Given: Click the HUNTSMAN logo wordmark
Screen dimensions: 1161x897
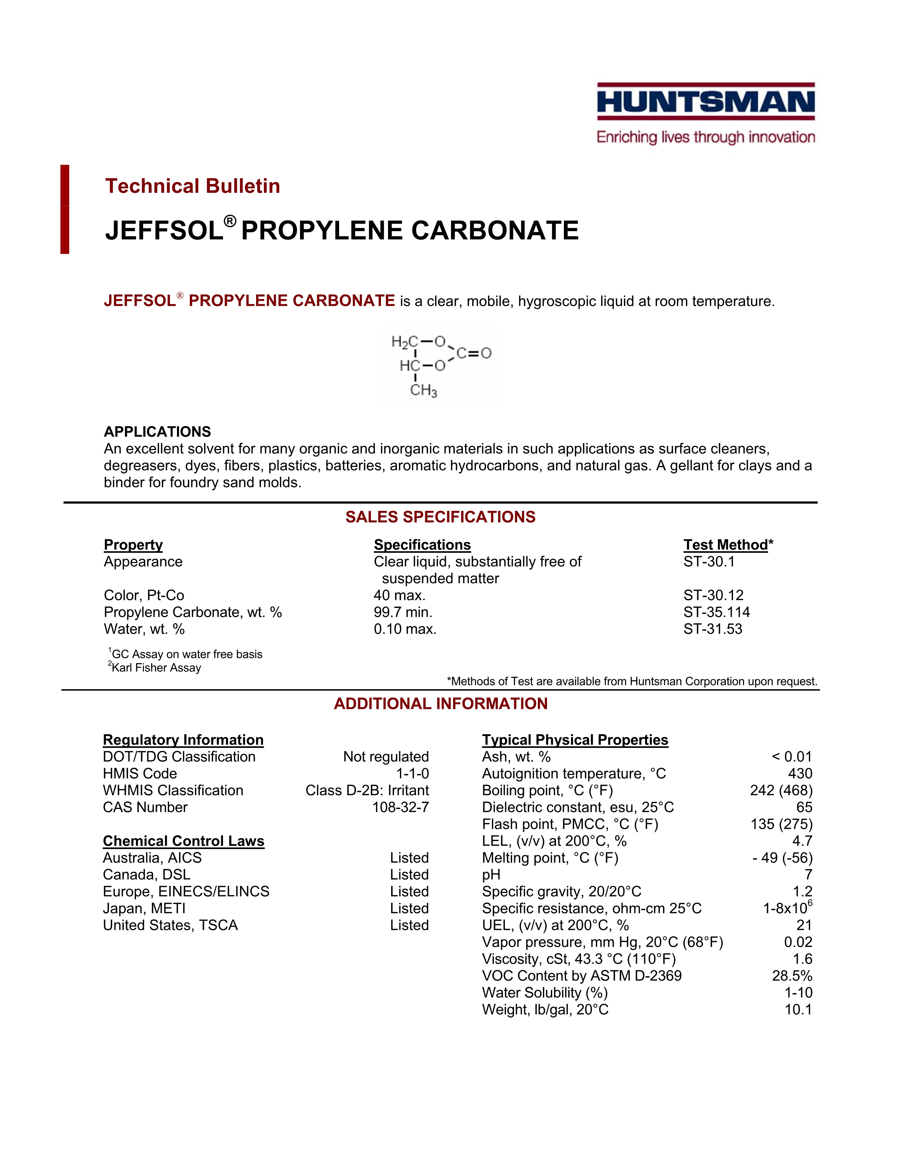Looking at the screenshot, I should point(706,102).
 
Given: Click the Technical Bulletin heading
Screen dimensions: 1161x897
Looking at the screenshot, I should point(192,186).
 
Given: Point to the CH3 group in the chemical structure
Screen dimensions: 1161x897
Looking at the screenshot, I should point(424,391).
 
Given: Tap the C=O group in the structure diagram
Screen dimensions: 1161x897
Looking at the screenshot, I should point(474,353).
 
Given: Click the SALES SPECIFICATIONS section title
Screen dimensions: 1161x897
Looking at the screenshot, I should point(440,517).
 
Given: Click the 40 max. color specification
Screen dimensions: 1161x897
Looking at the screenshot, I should point(400,595).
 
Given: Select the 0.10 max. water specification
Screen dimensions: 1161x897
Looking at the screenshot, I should point(405,629).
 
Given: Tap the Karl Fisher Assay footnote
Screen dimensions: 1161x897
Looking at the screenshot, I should point(155,668).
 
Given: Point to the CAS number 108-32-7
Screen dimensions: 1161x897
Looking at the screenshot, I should point(400,807).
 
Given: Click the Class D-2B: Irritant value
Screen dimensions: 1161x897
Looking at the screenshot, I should point(367,791).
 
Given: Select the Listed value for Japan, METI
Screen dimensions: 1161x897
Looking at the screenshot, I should point(409,908).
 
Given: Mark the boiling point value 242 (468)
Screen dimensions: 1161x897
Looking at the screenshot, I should point(781,791).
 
